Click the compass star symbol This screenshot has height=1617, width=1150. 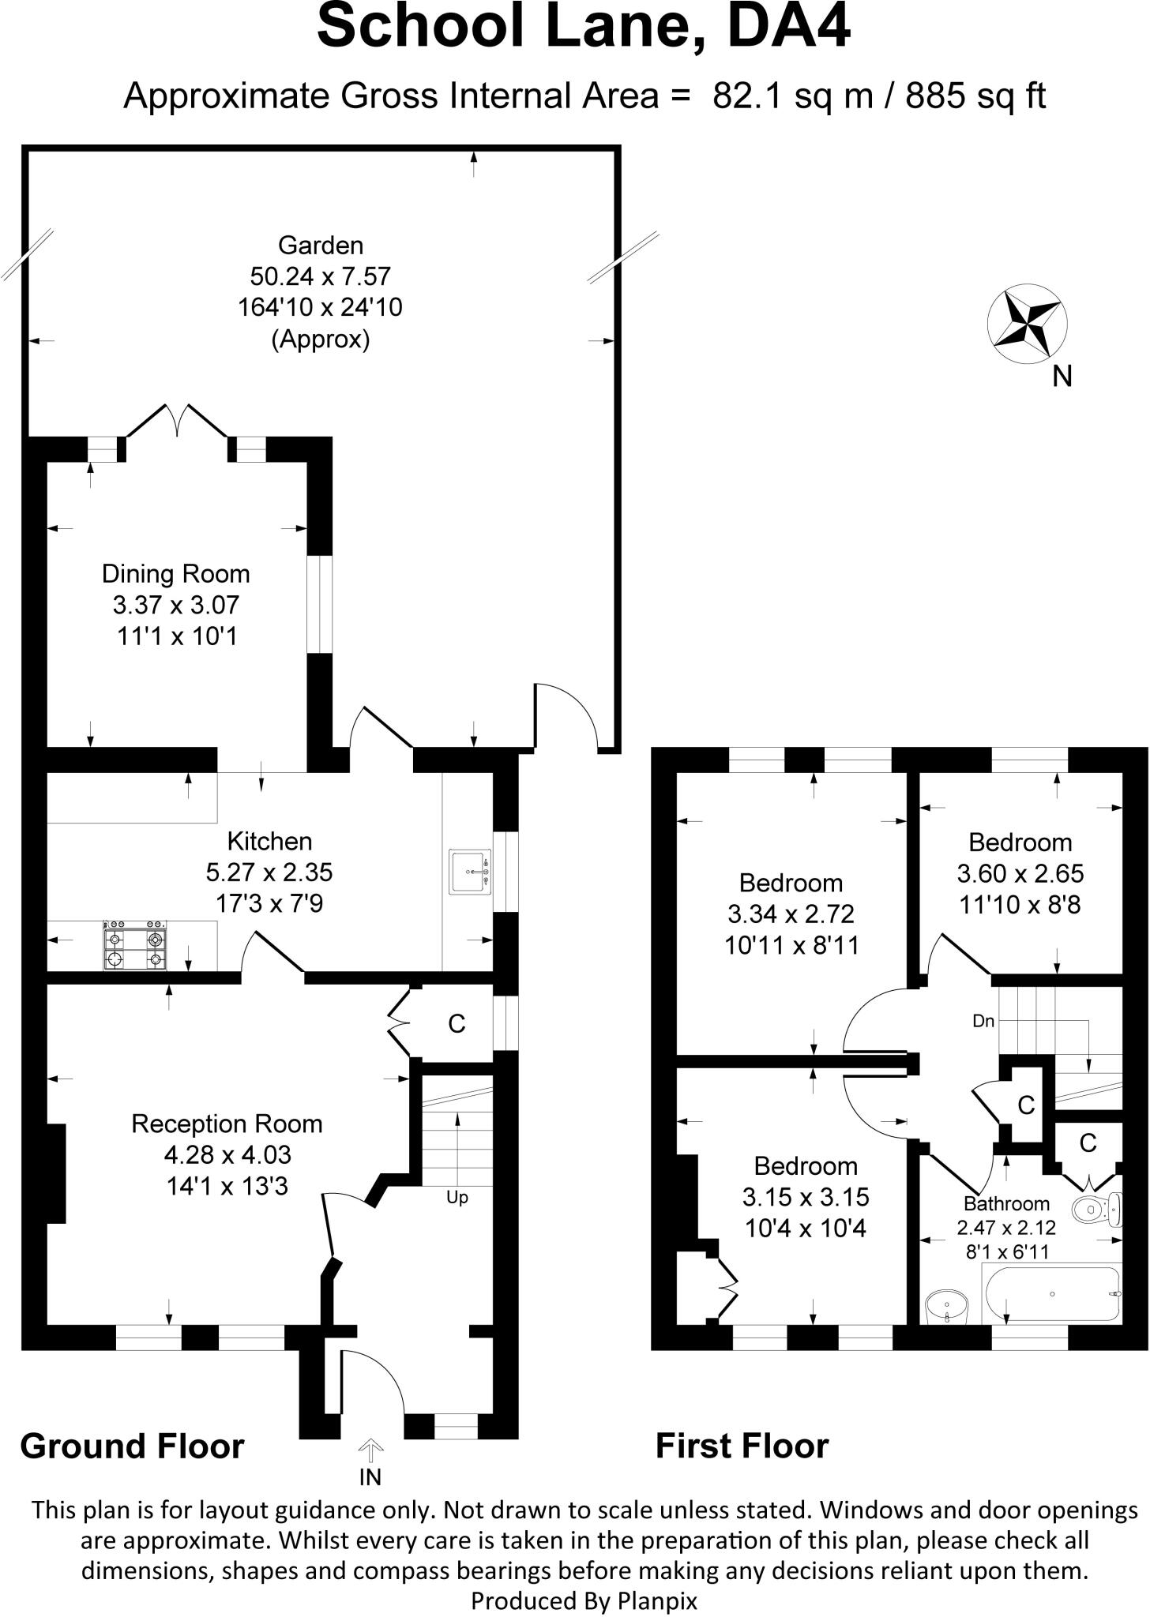coord(1028,323)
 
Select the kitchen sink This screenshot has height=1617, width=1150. coord(470,872)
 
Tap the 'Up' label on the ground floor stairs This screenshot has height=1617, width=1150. coord(457,1198)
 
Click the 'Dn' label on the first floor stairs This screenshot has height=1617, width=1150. coord(983,1021)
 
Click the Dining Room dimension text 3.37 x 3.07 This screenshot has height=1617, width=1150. coord(175,606)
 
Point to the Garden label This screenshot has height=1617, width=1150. coord(321,246)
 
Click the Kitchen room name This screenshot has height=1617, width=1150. coord(269,841)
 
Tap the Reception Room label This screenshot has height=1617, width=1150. coord(227,1124)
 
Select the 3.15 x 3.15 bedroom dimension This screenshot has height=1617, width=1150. coord(805,1197)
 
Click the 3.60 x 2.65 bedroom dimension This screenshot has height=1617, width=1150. coord(1020,873)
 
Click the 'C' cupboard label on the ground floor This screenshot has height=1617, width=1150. coord(457,1024)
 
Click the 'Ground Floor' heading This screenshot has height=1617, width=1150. coord(132,1446)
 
